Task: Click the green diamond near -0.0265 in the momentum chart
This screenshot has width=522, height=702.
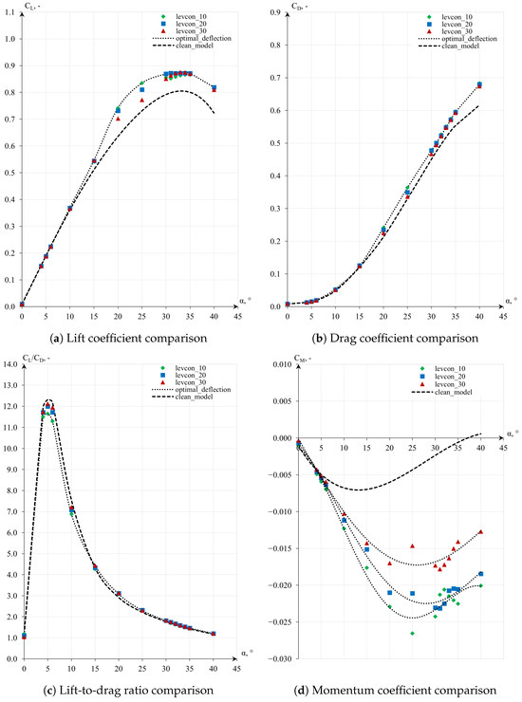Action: [413, 633]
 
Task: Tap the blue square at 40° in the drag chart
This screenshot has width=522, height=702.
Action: [479, 84]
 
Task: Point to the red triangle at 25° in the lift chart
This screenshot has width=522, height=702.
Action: [142, 100]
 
